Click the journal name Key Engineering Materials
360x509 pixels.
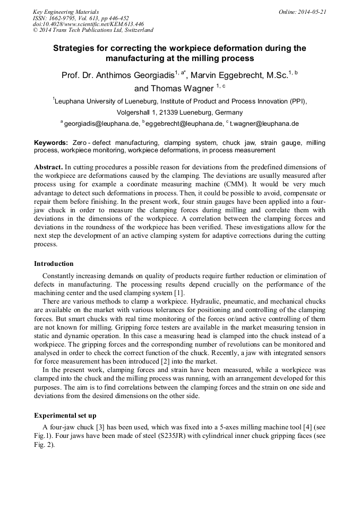(66, 11)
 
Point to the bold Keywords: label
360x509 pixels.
(51, 143)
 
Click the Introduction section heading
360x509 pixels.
(54, 264)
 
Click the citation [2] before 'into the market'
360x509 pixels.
(159, 361)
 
